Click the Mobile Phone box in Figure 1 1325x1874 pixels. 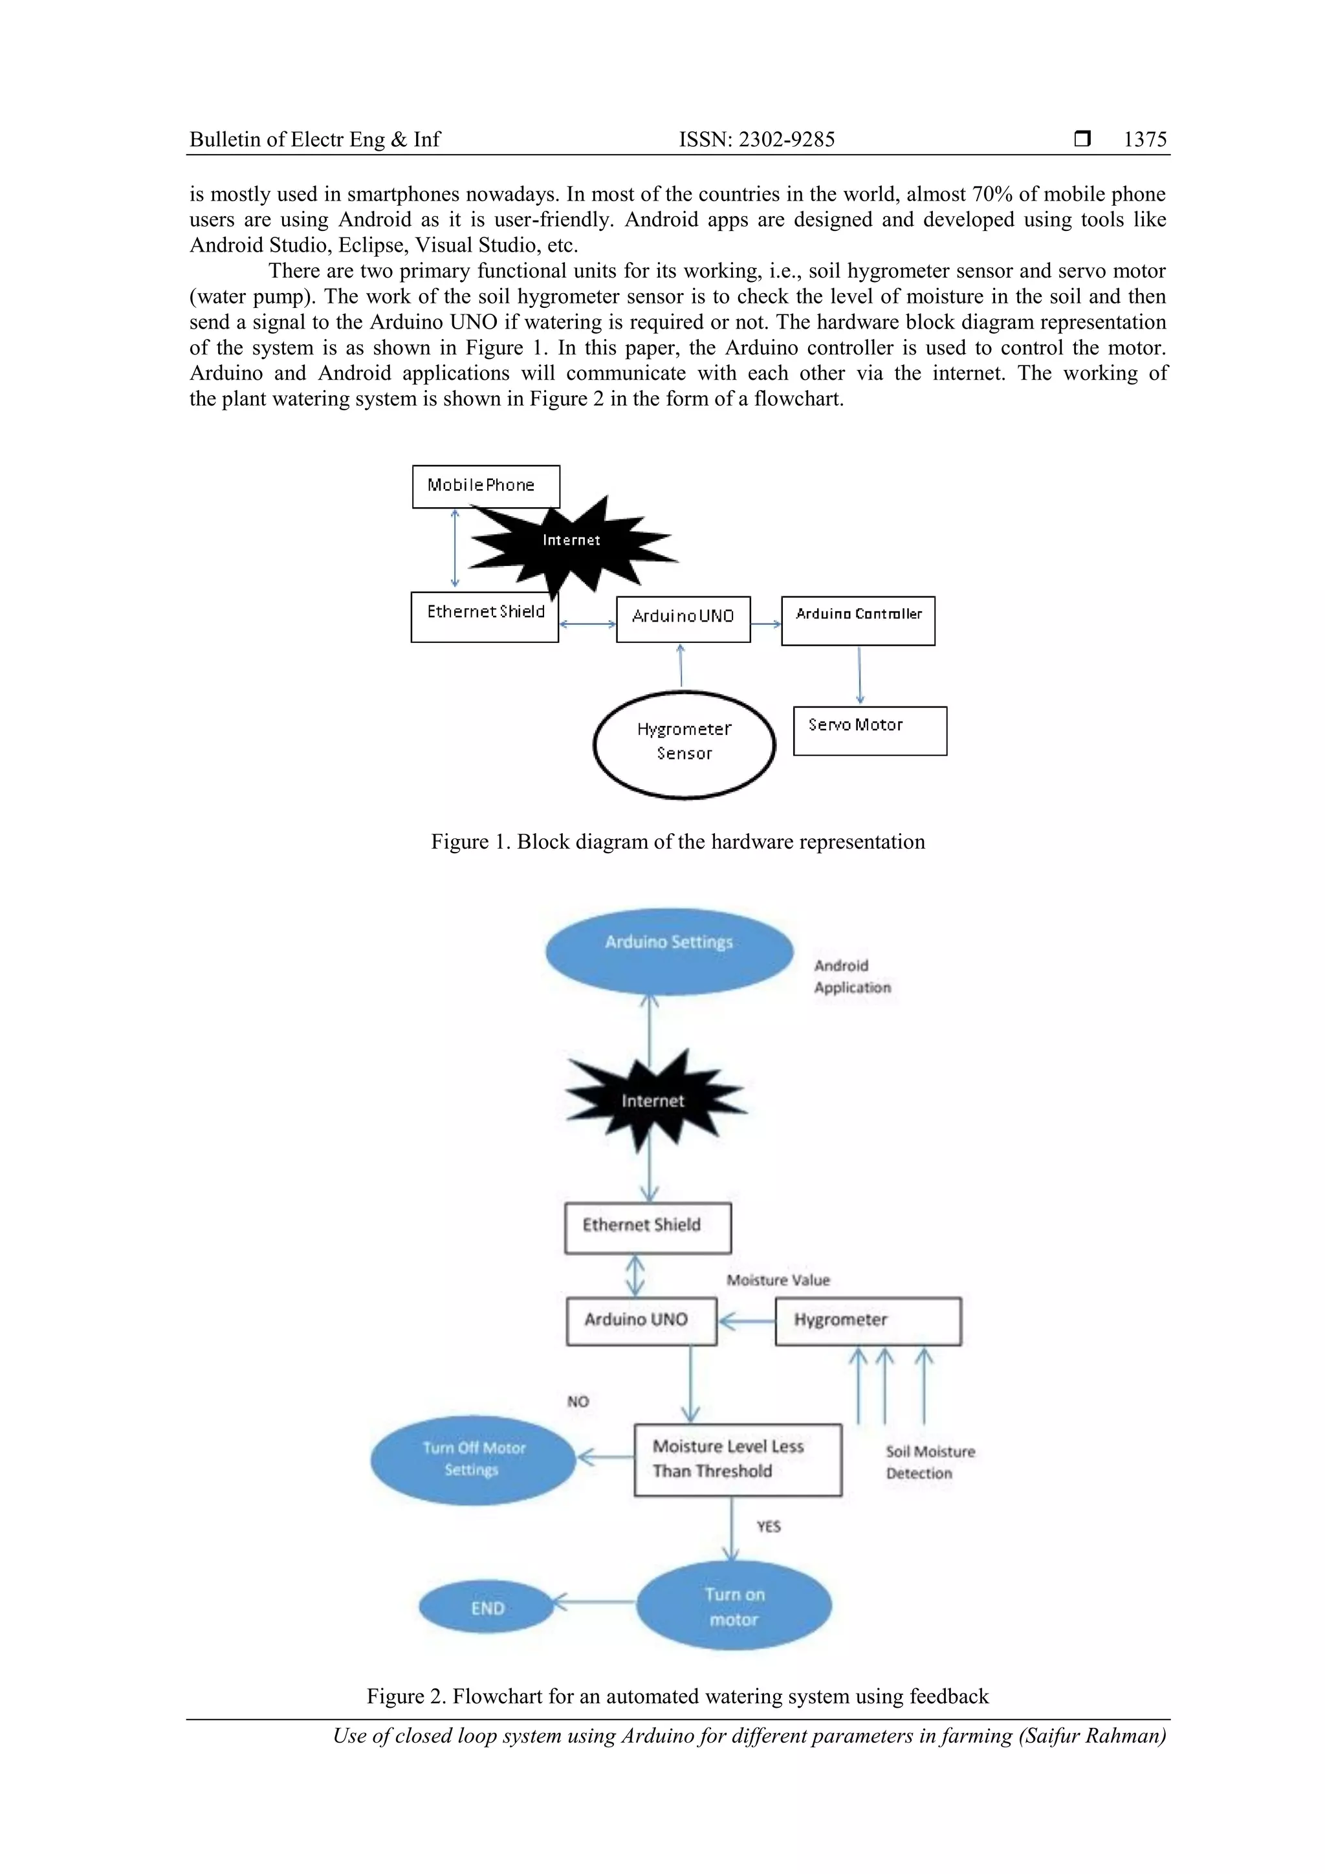[486, 486]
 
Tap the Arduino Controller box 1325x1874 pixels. [858, 621]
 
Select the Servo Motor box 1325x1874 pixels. [870, 730]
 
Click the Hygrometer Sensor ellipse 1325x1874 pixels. [684, 745]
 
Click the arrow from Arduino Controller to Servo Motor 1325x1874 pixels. [860, 675]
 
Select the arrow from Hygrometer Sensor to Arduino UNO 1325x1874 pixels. [681, 666]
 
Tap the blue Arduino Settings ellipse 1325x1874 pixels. [670, 951]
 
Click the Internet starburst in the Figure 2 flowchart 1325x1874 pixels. [653, 1100]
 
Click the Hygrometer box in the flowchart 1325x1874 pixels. [868, 1322]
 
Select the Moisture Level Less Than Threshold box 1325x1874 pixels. [737, 1460]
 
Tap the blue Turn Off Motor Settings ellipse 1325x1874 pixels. [474, 1460]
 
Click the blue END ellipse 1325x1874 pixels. [487, 1608]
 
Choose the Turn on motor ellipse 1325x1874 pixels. [734, 1606]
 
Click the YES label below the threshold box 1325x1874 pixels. [768, 1526]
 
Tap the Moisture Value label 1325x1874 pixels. [778, 1280]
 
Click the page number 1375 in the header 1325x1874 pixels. [1144, 140]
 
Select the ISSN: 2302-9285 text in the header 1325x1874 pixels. [757, 140]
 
